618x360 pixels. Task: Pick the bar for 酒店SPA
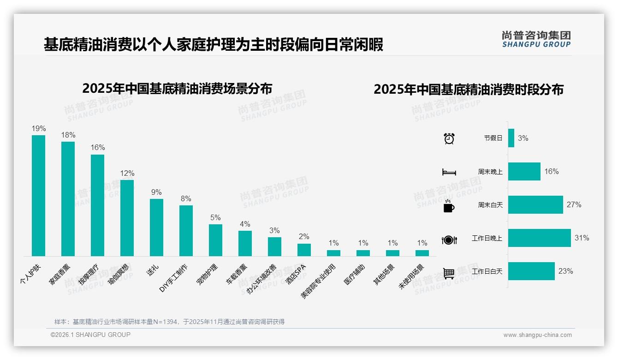(304, 250)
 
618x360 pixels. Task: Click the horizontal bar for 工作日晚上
(539, 238)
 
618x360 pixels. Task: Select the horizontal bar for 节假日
(511, 138)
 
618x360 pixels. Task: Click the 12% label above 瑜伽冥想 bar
(127, 173)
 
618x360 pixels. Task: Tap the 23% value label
(565, 271)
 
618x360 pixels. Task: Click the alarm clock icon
(449, 138)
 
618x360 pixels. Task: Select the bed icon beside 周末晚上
(449, 172)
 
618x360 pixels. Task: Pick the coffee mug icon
(449, 205)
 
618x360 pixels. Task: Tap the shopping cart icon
(449, 273)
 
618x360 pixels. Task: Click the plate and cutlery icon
(449, 240)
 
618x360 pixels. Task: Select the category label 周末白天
(490, 205)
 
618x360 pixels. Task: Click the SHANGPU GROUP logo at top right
(536, 39)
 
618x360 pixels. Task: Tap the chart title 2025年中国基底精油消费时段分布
(469, 89)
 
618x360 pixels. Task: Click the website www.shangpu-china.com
(537, 335)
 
